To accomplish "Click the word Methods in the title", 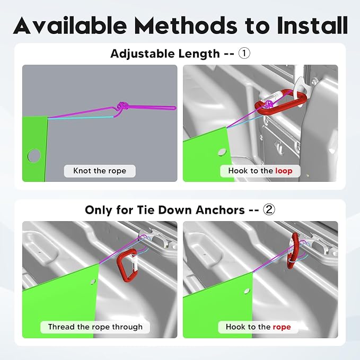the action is coord(186,25).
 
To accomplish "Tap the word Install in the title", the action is coord(312,25).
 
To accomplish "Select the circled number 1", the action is coord(244,54).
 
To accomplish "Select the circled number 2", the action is coord(269,209).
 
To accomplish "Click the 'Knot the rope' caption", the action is coord(100,171).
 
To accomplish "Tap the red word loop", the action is coord(284,171).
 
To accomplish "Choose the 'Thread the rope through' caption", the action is coord(95,327).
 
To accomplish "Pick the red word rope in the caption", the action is coord(282,327).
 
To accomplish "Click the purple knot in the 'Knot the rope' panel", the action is coord(123,106).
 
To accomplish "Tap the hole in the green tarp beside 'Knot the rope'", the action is coord(34,155).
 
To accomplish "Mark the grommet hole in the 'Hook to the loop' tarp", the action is coord(222,152).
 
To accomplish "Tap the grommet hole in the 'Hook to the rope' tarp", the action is coord(247,291).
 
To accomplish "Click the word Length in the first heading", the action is coord(199,54).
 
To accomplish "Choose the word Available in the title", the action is coord(71,25).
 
